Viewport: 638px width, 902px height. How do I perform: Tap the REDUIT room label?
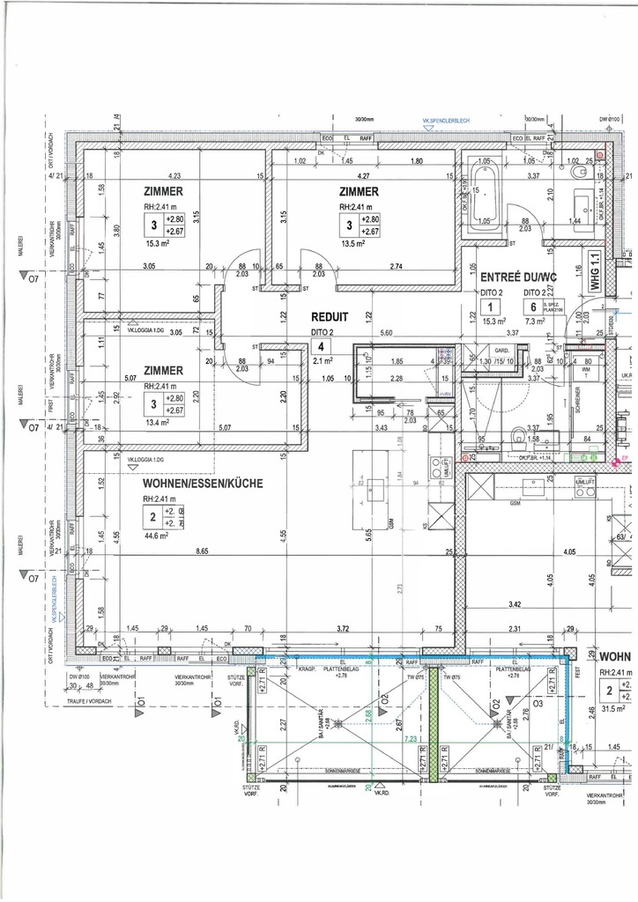330,316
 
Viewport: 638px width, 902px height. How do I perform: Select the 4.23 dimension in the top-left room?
174,176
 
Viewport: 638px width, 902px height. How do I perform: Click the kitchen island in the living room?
375,485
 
